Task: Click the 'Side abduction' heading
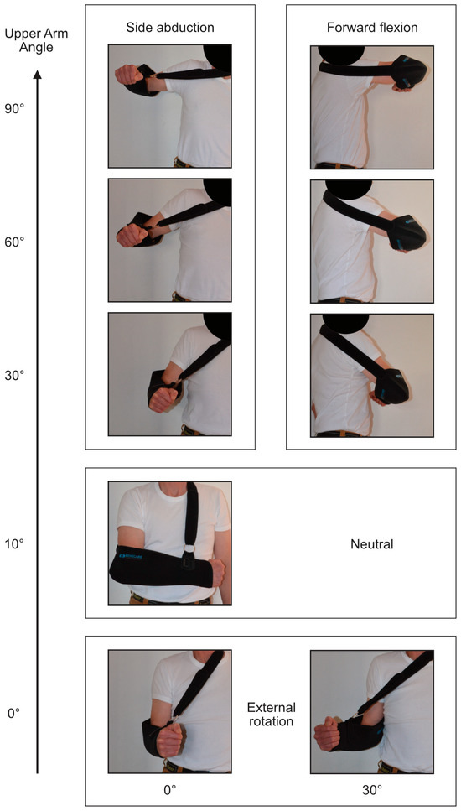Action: click(x=170, y=27)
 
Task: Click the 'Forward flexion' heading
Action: click(x=372, y=27)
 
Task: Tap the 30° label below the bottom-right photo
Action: click(x=372, y=790)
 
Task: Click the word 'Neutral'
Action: click(x=372, y=544)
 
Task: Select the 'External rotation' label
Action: click(x=272, y=714)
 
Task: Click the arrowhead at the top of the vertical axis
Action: click(x=37, y=76)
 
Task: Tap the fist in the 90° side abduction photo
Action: click(x=129, y=75)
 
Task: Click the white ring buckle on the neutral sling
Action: click(x=189, y=548)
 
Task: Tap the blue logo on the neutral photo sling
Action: click(x=130, y=556)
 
